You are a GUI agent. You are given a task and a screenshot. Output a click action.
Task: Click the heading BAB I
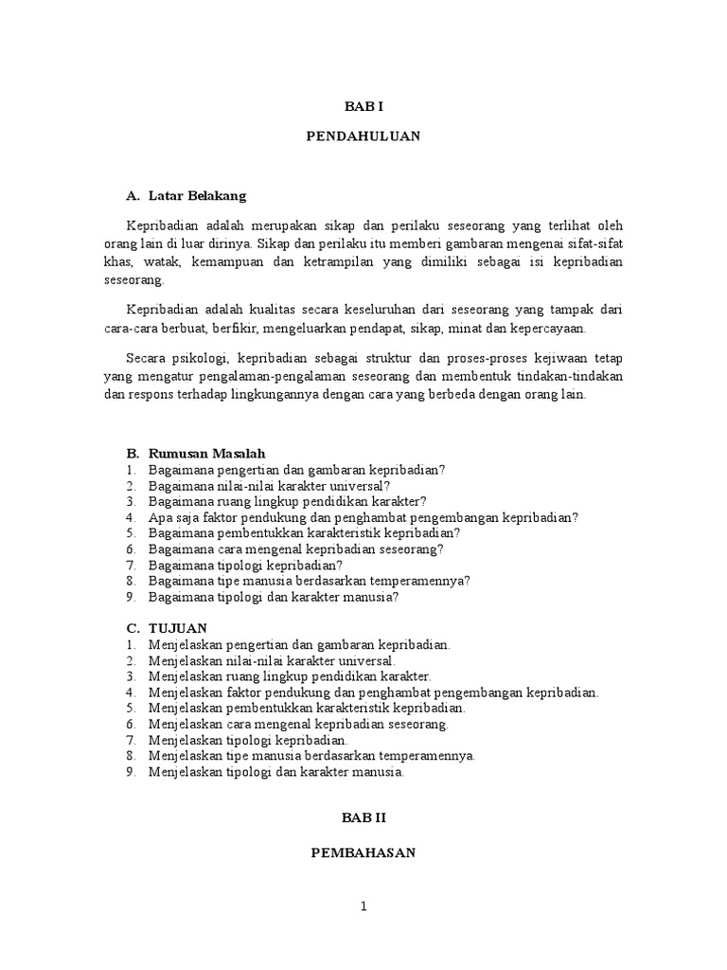coord(363,110)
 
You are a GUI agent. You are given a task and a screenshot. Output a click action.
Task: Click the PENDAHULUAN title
coord(363,136)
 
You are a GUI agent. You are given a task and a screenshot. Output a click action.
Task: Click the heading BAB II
coord(363,816)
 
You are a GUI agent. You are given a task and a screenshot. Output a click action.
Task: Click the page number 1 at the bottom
coord(363,907)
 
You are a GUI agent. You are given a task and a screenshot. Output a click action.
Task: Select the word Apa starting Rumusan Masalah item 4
coord(159,517)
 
